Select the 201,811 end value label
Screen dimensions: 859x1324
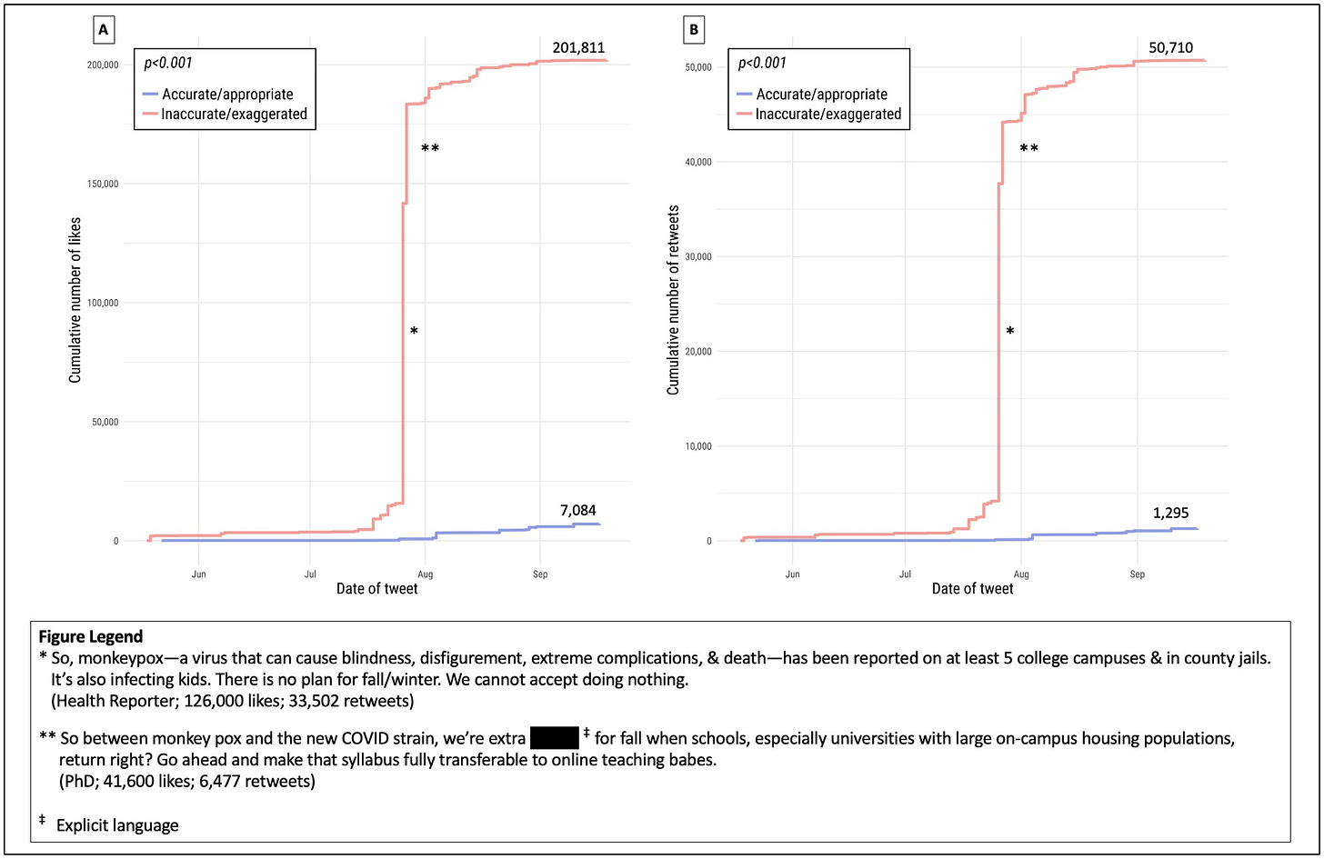(579, 47)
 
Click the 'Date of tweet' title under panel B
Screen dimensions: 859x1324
(972, 589)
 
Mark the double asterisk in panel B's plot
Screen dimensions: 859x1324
(1029, 148)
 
